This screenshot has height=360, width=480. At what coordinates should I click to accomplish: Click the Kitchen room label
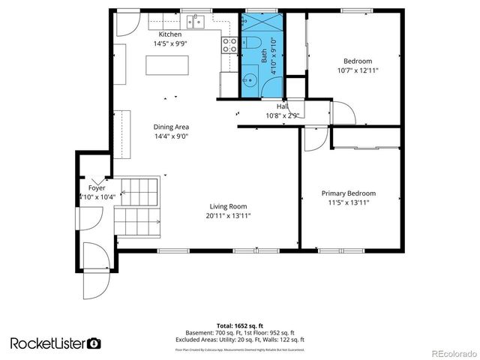click(x=169, y=35)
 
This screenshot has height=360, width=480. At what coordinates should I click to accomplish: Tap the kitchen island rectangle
click(x=166, y=65)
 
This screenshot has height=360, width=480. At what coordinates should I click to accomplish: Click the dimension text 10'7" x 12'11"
click(x=357, y=70)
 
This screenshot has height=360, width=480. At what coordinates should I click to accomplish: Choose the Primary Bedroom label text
click(x=348, y=193)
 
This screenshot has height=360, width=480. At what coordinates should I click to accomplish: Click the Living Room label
click(x=227, y=206)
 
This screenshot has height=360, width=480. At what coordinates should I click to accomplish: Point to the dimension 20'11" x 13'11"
click(x=228, y=216)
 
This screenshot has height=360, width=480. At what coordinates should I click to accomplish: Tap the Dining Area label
click(x=171, y=127)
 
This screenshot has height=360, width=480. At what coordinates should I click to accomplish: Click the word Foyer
click(x=96, y=187)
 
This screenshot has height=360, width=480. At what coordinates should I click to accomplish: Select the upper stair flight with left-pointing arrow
click(x=136, y=193)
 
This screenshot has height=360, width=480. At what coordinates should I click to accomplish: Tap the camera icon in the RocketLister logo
click(x=94, y=343)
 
